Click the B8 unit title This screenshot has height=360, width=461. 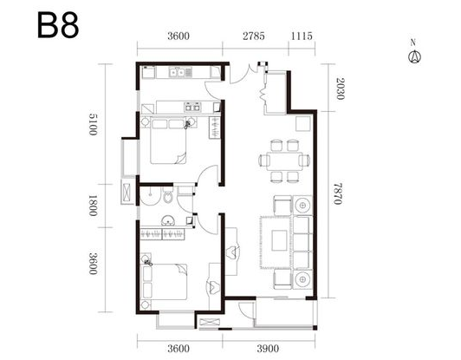coord(58,25)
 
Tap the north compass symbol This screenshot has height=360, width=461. coord(414,54)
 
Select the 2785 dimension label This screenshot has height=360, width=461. coord(254,36)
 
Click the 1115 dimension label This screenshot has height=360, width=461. coord(302,36)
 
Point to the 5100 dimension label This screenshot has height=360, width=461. coord(94,124)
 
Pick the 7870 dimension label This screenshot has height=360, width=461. coord(338,193)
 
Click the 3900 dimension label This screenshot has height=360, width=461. coord(268,349)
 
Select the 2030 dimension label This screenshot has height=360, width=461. coord(341,88)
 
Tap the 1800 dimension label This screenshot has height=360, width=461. coord(94,206)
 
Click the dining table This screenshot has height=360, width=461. coord(284,160)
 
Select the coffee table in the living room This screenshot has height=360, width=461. coord(279,240)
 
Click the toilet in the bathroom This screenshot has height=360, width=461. coord(168,195)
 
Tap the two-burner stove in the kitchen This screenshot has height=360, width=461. coord(192,107)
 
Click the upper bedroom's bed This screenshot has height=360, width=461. coord(168,141)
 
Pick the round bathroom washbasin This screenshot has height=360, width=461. coord(168,220)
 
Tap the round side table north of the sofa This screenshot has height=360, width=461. coord(302,204)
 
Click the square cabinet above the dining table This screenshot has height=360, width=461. coord(303,124)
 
